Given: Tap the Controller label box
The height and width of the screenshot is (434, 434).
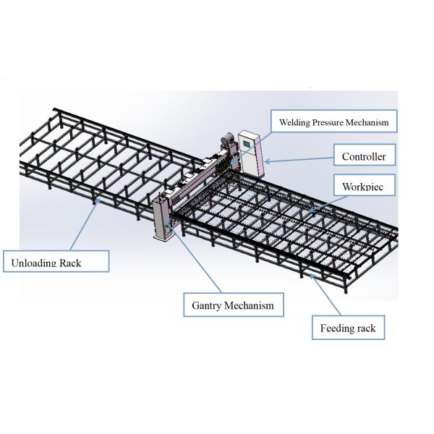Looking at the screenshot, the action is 364,156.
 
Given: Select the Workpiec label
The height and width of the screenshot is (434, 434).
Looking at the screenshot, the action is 368,186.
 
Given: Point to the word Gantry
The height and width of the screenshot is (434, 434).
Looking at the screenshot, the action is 208,305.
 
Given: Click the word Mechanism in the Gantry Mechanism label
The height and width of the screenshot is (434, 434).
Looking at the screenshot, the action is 250,305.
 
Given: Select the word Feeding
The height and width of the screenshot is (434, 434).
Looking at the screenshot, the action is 336,328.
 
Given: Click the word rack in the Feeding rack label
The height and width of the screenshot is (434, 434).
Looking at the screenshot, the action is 365,328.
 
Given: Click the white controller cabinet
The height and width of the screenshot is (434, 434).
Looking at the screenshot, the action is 250,153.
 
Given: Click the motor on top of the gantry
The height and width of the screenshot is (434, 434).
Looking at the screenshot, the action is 225,141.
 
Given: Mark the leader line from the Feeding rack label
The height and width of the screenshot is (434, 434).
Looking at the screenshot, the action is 318,297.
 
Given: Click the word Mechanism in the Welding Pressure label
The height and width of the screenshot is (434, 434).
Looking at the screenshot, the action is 368,122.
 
